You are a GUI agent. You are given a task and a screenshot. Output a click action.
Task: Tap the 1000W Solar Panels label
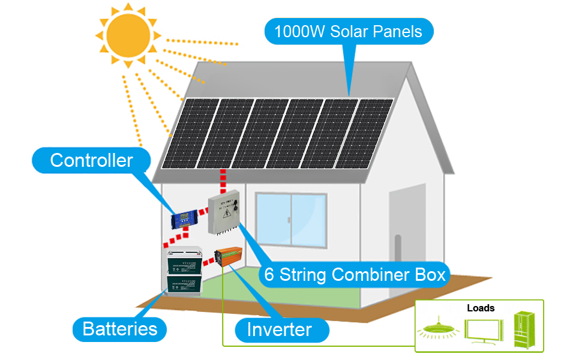coord(348,31)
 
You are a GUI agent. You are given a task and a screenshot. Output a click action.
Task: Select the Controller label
coord(91,160)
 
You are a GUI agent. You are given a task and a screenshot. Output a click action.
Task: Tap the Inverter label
coord(280,329)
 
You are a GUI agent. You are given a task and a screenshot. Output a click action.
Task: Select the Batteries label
coord(120,329)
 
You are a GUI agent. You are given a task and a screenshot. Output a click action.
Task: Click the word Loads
coord(481,308)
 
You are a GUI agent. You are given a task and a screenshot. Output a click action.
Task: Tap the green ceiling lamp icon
coord(436,329)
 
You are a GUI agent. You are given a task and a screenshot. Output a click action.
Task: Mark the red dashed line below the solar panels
coord(223,180)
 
